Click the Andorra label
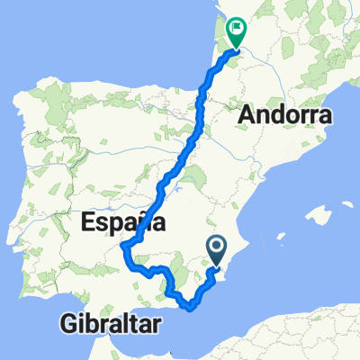point(284,116)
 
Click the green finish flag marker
point(236,32)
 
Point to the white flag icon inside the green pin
point(236,30)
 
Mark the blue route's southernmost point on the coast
point(191,309)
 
